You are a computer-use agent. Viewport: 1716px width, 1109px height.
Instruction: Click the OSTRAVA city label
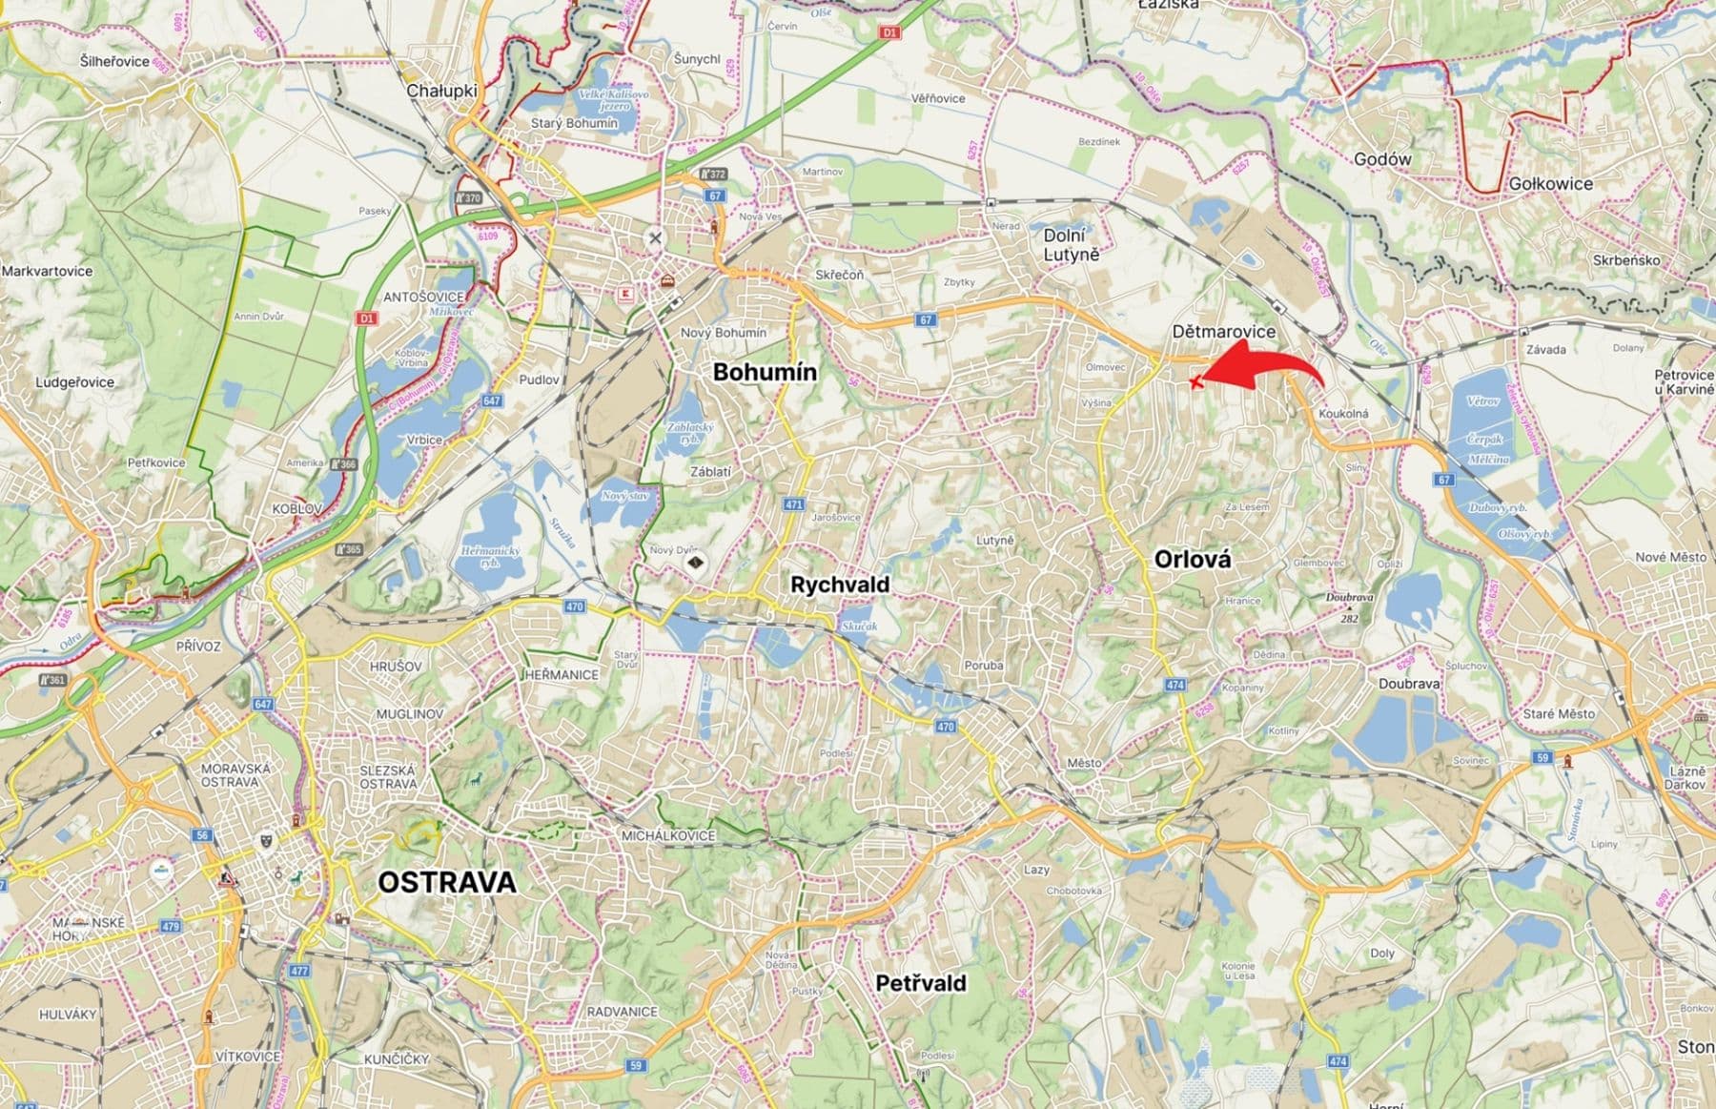click(447, 882)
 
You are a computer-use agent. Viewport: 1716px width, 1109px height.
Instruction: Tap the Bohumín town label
click(765, 372)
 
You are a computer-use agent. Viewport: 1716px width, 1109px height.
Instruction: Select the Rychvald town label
click(840, 585)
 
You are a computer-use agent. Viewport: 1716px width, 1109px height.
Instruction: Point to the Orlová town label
click(1192, 560)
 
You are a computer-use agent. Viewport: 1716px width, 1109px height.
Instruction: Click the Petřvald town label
click(921, 983)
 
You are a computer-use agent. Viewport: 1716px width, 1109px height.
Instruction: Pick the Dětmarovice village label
click(1224, 331)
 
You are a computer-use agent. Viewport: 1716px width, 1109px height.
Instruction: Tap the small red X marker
click(1196, 382)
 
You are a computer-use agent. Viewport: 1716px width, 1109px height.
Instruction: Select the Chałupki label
click(441, 91)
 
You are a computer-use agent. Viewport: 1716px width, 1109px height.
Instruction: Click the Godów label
click(1382, 159)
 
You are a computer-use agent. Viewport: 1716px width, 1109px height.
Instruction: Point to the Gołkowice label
click(1550, 183)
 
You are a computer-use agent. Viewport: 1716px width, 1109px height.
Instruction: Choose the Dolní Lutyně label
click(1071, 245)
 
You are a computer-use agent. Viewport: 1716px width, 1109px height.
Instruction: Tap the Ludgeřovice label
click(74, 382)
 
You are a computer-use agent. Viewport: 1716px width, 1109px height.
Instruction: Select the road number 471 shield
click(794, 504)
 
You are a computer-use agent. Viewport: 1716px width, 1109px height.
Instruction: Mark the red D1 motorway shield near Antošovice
click(367, 318)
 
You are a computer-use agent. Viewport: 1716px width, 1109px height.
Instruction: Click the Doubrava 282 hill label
click(1349, 607)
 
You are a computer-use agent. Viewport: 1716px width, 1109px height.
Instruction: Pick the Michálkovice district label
click(667, 835)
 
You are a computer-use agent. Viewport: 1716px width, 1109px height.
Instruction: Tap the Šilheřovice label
click(115, 61)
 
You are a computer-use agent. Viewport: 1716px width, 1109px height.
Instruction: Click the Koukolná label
click(1343, 414)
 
